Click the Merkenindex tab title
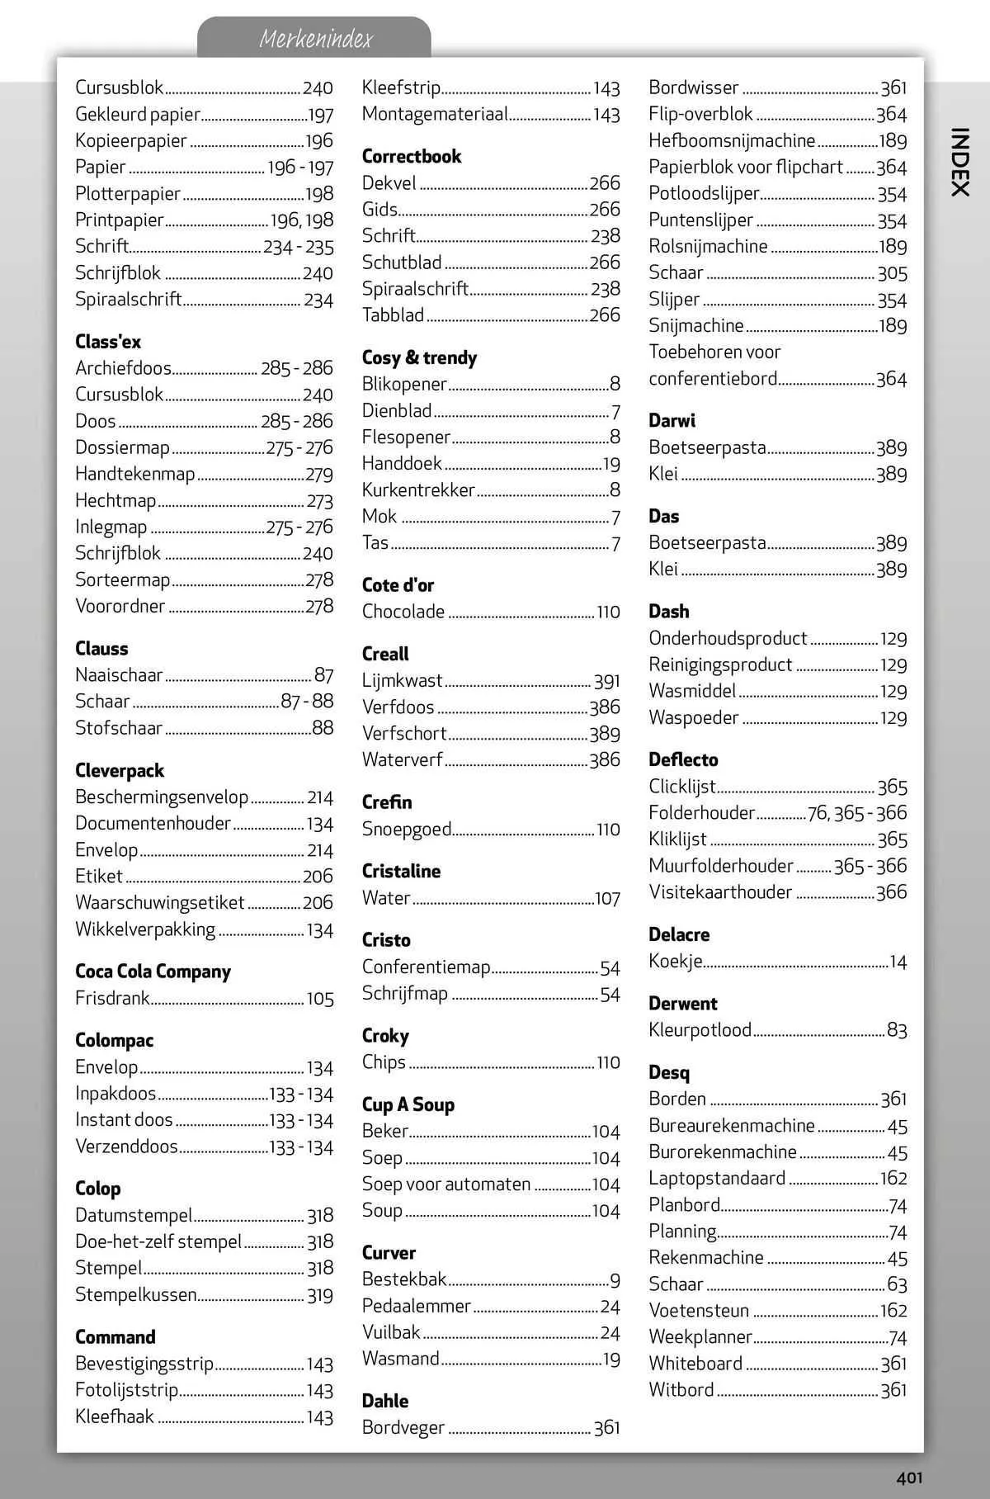pos(315,39)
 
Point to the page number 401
pos(909,1478)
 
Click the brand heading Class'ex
pos(108,342)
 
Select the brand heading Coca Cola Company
pos(153,972)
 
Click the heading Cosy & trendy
pos(419,357)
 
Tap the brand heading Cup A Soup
pos(408,1104)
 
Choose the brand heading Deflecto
pos(683,759)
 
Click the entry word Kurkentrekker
pos(418,490)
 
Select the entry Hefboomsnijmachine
pos(731,140)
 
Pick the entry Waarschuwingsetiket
pos(160,903)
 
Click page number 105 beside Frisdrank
pos(320,999)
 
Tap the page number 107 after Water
pos(607,898)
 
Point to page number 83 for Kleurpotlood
pos(897,1030)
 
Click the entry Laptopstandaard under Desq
pos(717,1179)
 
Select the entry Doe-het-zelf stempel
pos(158,1241)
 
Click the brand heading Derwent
pos(682,1004)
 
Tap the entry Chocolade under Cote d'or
pos(403,612)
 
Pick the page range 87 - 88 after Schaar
pos(307,702)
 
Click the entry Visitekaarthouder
pos(719,892)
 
